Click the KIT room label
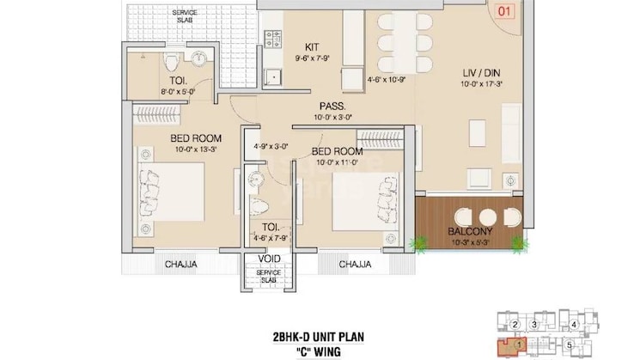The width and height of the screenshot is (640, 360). coord(313,48)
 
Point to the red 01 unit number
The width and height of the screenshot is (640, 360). coord(504,11)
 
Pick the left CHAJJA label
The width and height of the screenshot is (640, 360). coord(181,265)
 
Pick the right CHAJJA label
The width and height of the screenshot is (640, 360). coord(354,265)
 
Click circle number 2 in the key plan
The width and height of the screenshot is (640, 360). coord(515,324)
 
